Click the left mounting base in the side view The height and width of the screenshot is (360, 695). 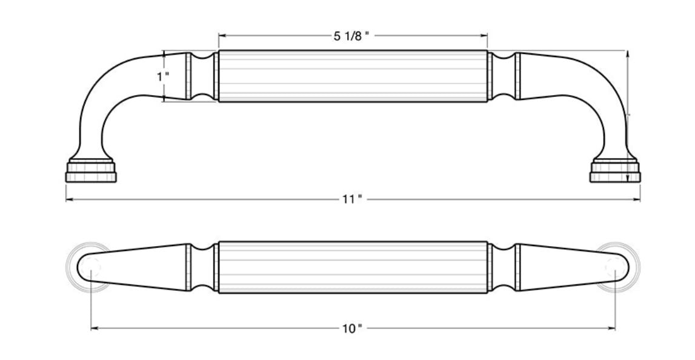pyautogui.click(x=90, y=172)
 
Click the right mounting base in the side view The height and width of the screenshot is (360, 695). pyautogui.click(x=615, y=172)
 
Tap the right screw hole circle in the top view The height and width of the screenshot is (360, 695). pyautogui.click(x=615, y=267)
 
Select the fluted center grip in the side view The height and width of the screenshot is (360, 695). pyautogui.click(x=353, y=76)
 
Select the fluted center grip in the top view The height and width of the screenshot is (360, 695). pyautogui.click(x=353, y=267)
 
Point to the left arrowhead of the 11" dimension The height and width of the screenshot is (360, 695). pyautogui.click(x=68, y=199)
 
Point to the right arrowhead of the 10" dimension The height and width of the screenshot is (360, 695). pyautogui.click(x=613, y=328)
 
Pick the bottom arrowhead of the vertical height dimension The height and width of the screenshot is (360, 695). pyautogui.click(x=628, y=178)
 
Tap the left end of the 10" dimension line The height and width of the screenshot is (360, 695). pyautogui.click(x=92, y=328)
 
